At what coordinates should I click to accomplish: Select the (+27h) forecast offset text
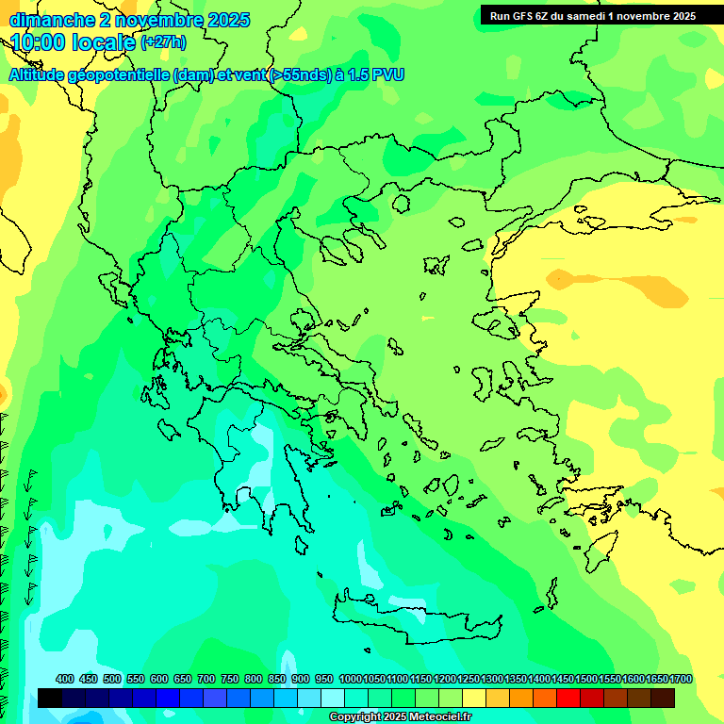click(x=163, y=41)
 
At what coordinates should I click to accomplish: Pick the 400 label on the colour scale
click(x=65, y=680)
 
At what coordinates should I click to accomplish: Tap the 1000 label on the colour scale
click(x=350, y=680)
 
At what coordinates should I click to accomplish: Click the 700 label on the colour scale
click(x=206, y=680)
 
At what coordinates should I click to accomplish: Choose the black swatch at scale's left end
click(x=50, y=698)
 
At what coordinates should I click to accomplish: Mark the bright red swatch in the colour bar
click(x=568, y=698)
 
